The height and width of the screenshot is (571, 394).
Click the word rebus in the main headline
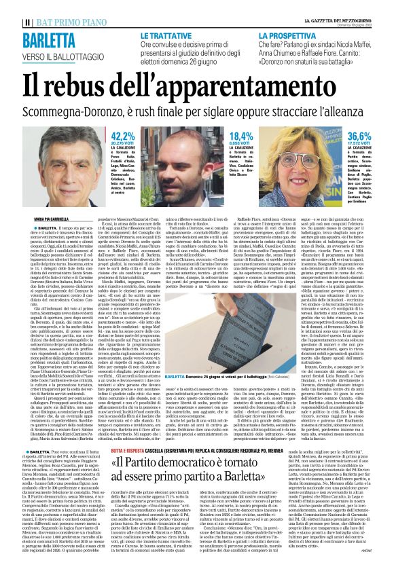[x=92, y=85]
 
